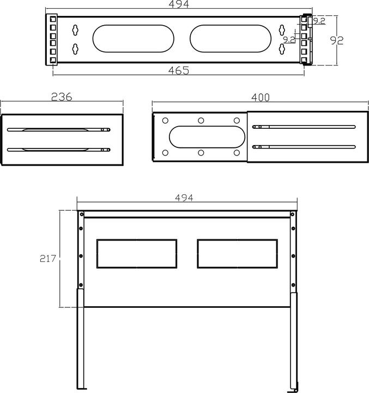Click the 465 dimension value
[x=178, y=70]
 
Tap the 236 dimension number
[x=62, y=97]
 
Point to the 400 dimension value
[x=261, y=97]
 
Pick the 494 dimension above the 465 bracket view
[x=178, y=5]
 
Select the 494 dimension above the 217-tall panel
[x=185, y=198]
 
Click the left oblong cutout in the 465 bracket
[x=134, y=40]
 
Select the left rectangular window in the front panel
[x=136, y=254]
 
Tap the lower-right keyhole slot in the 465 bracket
[x=282, y=50]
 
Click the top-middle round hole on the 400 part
[x=201, y=120]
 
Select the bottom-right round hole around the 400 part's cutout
[x=237, y=153]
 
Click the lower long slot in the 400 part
[x=304, y=146]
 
